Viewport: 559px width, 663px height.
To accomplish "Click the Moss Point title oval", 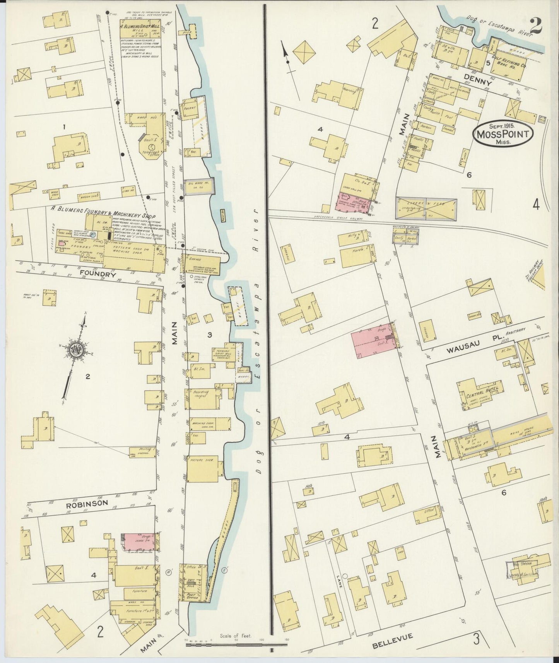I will pyautogui.click(x=503, y=134).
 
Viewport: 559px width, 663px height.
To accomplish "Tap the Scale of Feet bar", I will pyautogui.click(x=236, y=644).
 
